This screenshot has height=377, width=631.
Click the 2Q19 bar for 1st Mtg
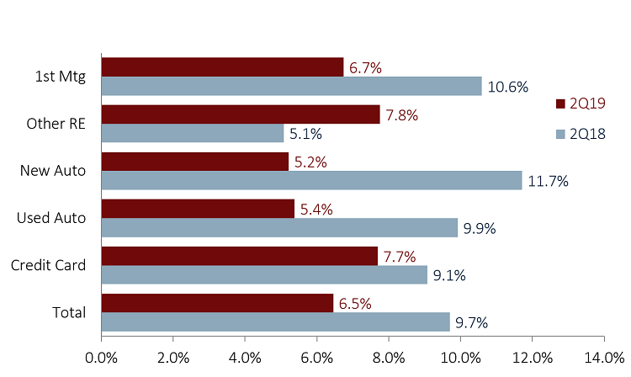click(222, 66)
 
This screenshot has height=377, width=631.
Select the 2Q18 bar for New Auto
click(311, 180)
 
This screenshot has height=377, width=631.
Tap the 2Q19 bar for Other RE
click(241, 114)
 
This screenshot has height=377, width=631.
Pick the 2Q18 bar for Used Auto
click(279, 227)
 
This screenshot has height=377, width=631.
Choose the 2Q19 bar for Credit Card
click(239, 256)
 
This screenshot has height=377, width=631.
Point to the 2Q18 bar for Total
click(276, 322)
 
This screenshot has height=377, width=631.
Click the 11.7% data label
click(549, 181)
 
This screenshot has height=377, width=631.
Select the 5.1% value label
click(305, 133)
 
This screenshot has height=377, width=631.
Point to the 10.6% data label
click(509, 86)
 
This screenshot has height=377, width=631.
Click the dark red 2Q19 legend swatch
click(560, 104)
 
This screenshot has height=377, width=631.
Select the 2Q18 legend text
click(587, 134)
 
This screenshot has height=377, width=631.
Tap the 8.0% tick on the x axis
click(389, 356)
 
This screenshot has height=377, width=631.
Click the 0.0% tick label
click(102, 356)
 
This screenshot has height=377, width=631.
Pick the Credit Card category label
click(49, 265)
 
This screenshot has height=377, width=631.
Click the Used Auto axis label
click(51, 218)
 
